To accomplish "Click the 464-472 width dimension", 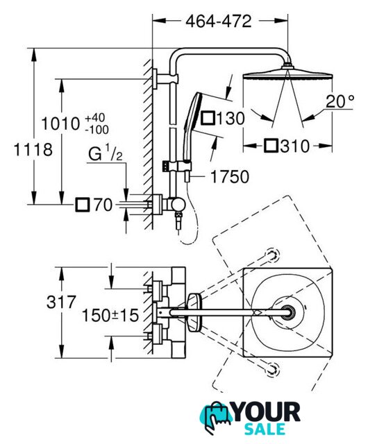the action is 218,22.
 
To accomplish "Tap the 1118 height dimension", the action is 33,149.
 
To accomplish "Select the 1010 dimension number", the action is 60,123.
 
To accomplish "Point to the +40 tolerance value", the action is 95,118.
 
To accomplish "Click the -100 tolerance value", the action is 97,130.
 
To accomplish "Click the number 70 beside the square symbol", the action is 103,205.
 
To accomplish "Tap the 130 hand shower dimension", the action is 231,119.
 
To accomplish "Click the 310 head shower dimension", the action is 295,146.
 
